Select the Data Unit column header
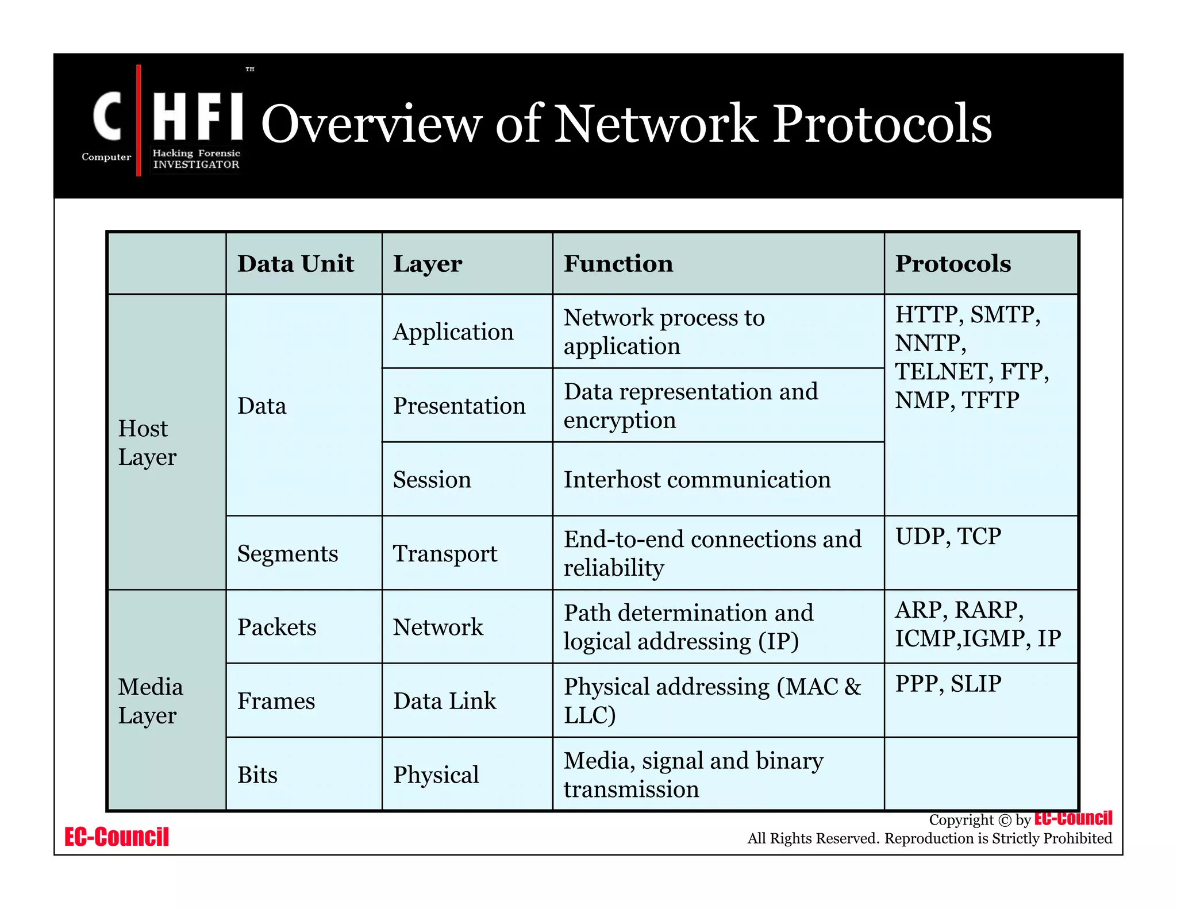(295, 264)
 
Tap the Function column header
(618, 264)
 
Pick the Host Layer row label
(147, 442)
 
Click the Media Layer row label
(151, 701)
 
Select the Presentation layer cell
(459, 406)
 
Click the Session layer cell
(432, 479)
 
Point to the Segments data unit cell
(287, 553)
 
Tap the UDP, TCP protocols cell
(948, 537)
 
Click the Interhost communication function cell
(697, 479)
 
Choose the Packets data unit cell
(276, 627)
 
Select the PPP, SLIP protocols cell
(948, 684)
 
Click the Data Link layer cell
(444, 701)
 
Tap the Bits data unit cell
(257, 775)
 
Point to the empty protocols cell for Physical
(980, 774)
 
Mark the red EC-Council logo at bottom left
(116, 837)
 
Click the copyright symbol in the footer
(1004, 820)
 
